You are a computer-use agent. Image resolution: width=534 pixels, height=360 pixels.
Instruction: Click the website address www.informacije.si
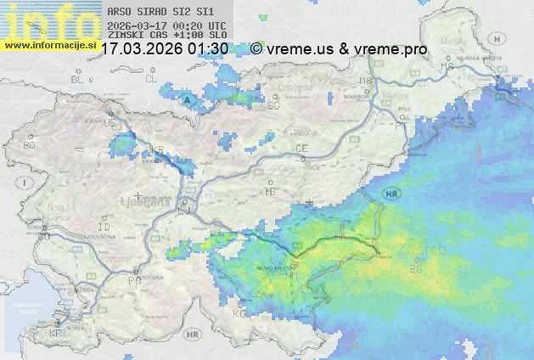[50, 45]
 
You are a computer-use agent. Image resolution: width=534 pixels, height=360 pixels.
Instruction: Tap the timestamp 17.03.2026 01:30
[164, 49]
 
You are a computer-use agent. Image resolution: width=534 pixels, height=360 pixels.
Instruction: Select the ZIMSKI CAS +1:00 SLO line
[167, 36]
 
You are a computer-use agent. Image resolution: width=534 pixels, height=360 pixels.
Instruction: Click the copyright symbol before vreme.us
[256, 49]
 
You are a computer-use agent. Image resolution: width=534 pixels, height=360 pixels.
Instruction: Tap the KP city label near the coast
[55, 333]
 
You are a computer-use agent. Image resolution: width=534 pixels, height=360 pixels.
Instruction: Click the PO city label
[133, 279]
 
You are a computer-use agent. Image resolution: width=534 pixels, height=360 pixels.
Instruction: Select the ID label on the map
[104, 228]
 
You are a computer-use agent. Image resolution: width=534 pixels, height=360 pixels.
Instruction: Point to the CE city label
[301, 149]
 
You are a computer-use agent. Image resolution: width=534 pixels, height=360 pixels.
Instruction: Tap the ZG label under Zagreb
[415, 269]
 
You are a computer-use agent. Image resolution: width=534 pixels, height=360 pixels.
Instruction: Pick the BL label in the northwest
[78, 79]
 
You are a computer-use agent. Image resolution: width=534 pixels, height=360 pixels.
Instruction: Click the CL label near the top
[151, 78]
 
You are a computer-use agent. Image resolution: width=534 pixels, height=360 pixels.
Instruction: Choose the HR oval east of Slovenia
[391, 194]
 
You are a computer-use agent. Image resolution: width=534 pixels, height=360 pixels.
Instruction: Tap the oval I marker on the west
[27, 182]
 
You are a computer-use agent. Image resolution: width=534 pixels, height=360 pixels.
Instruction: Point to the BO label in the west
[29, 145]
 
